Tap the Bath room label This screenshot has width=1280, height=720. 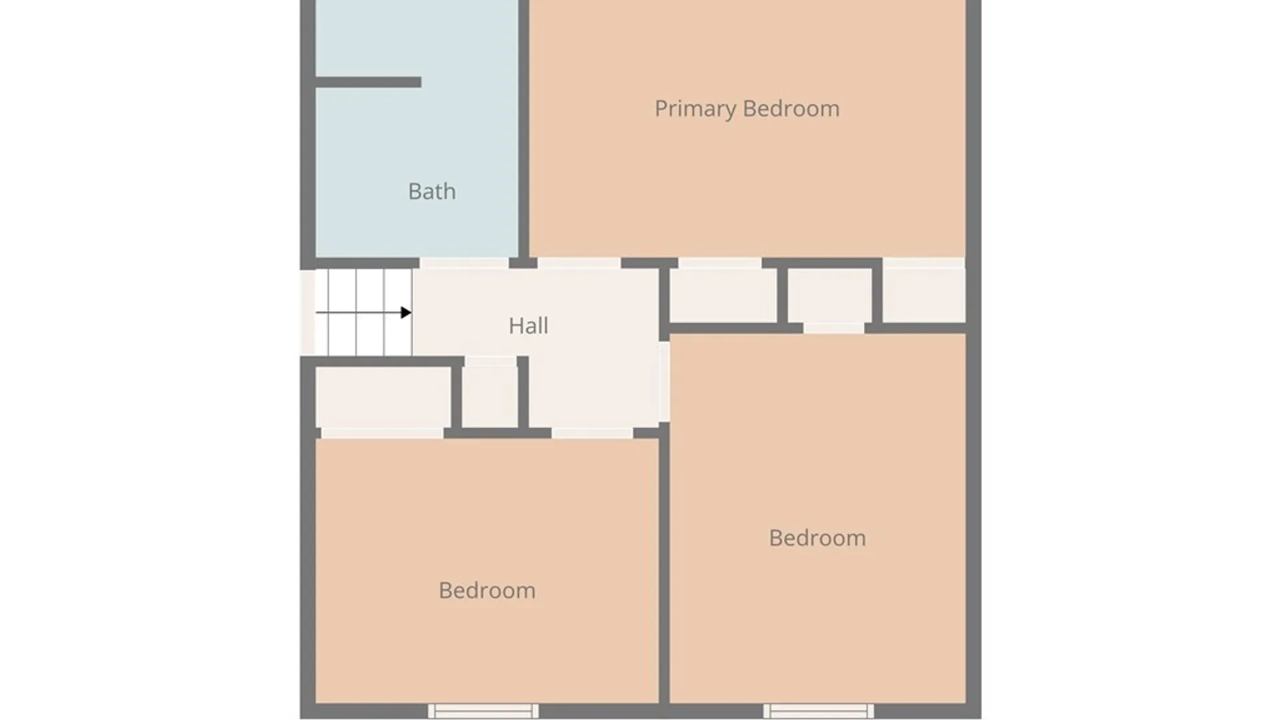click(432, 192)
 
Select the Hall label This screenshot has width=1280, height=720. click(528, 326)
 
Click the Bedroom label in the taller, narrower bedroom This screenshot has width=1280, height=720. click(817, 538)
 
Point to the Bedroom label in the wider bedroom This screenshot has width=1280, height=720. click(487, 591)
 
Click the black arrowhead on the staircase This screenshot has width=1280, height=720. click(405, 312)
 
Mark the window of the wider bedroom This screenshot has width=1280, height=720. click(483, 711)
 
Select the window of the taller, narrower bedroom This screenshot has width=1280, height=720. click(818, 711)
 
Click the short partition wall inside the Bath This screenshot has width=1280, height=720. click(367, 82)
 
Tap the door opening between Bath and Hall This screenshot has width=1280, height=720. click(464, 263)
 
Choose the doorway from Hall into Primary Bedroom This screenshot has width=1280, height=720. click(579, 263)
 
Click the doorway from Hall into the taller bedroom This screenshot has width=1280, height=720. click(664, 381)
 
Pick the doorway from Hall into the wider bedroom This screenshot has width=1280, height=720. click(592, 433)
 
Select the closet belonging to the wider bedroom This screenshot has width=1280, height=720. click(383, 396)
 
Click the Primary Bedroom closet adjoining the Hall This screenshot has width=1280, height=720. click(723, 295)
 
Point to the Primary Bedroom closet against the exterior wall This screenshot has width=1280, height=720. click(924, 295)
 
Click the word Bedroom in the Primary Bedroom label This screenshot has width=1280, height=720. click(791, 109)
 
